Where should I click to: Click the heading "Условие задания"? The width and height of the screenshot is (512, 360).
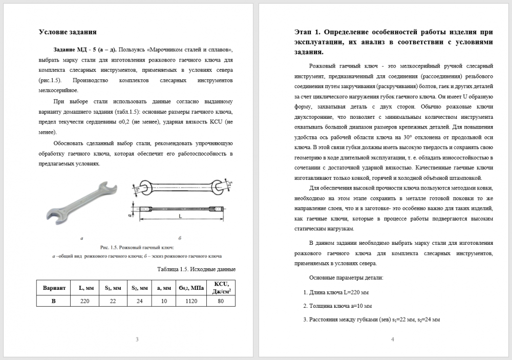pyautogui.click(x=68, y=32)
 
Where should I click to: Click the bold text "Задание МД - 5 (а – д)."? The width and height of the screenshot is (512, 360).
pyautogui.click(x=84, y=50)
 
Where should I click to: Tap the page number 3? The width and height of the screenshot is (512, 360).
pyautogui.click(x=137, y=339)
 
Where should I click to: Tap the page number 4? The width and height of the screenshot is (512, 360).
pyautogui.click(x=392, y=339)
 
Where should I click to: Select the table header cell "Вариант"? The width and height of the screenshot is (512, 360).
pyautogui.click(x=54, y=288)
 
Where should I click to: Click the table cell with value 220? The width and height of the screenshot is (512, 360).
pyautogui.click(x=85, y=301)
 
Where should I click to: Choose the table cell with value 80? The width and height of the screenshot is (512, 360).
pyautogui.click(x=220, y=301)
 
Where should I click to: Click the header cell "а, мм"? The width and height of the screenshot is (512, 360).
pyautogui.click(x=164, y=288)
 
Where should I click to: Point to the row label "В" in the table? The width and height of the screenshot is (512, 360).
pyautogui.click(x=54, y=301)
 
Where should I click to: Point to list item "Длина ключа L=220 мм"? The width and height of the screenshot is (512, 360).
pyautogui.click(x=336, y=293)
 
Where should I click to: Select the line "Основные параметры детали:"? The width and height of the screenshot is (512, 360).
pyautogui.click(x=342, y=278)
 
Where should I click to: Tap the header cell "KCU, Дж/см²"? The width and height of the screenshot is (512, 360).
pyautogui.click(x=220, y=288)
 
